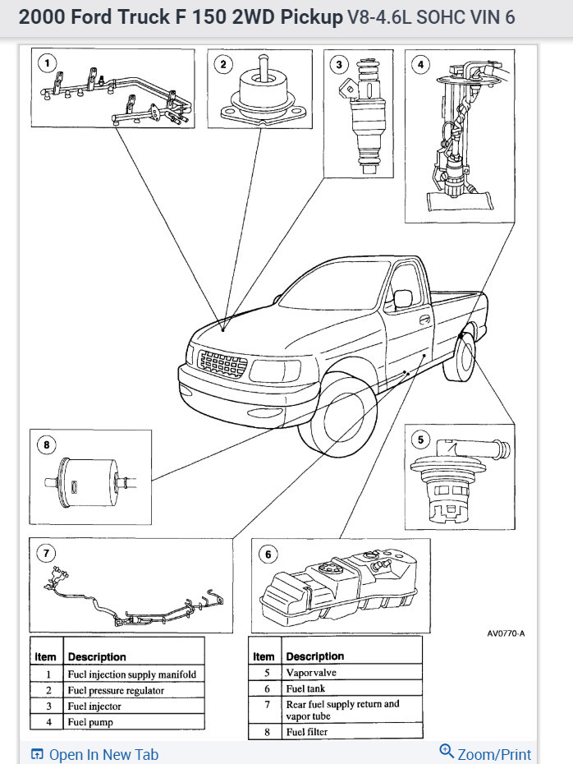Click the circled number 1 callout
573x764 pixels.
pyautogui.click(x=48, y=62)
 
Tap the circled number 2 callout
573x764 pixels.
pyautogui.click(x=221, y=62)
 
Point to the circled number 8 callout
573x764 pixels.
pyautogui.click(x=46, y=444)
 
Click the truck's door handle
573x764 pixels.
pyautogui.click(x=424, y=320)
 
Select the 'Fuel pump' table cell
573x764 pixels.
pyautogui.click(x=90, y=722)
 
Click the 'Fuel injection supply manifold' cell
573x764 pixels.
pyautogui.click(x=131, y=674)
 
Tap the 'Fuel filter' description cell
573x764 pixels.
pyautogui.click(x=308, y=731)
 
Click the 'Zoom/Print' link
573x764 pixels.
pyautogui.click(x=486, y=753)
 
